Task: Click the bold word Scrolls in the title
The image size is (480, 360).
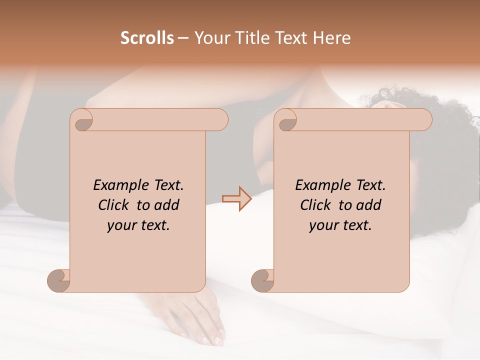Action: (x=147, y=38)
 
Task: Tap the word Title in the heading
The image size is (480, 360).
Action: (x=251, y=38)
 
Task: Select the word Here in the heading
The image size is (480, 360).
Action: (x=332, y=38)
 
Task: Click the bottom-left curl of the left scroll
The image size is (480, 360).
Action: (x=58, y=280)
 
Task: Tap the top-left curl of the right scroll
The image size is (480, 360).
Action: (x=286, y=121)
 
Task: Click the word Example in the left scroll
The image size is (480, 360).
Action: (x=118, y=185)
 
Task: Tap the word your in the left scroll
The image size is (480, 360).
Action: (x=120, y=225)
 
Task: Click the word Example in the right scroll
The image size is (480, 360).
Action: (x=320, y=185)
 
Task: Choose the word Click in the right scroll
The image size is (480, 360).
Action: (x=315, y=205)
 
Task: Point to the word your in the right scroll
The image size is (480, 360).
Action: (x=322, y=225)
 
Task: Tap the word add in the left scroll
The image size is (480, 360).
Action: (x=167, y=205)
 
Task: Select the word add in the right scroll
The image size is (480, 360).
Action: (x=369, y=205)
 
